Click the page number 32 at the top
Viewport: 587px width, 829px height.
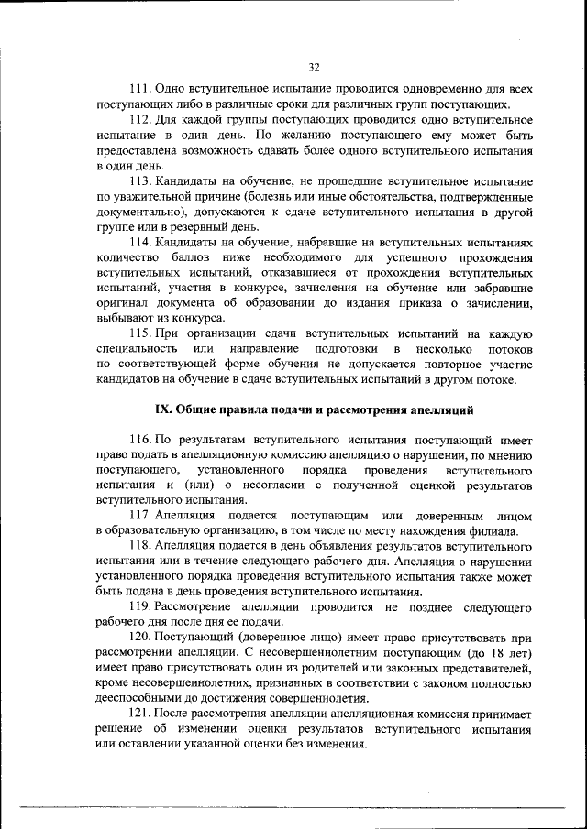(x=315, y=67)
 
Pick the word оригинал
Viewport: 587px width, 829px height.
(x=123, y=303)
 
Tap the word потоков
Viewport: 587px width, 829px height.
(x=509, y=350)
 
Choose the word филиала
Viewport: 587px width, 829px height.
(x=493, y=531)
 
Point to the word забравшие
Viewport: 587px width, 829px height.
(x=503, y=288)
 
